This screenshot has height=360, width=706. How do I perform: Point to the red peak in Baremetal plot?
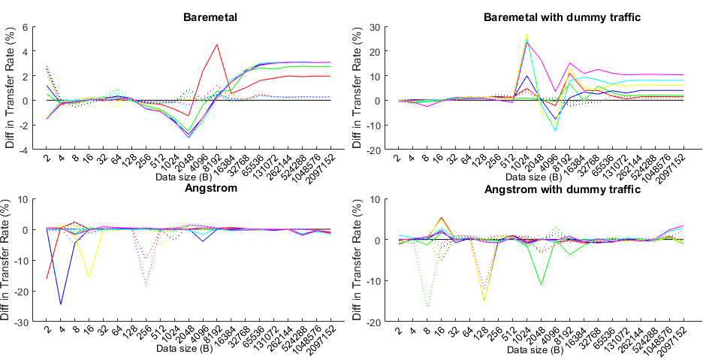[217, 44]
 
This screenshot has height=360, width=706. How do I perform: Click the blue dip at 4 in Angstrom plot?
[61, 304]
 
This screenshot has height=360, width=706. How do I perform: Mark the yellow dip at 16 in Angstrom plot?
[89, 278]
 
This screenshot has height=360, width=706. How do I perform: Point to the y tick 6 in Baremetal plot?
[24, 27]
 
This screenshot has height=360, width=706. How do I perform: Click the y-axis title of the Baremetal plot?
[10, 88]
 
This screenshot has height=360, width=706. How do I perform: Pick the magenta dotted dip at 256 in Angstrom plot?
[146, 285]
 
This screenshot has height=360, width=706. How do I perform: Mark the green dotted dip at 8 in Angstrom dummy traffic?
[427, 307]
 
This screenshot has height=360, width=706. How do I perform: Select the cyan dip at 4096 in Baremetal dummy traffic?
[556, 131]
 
